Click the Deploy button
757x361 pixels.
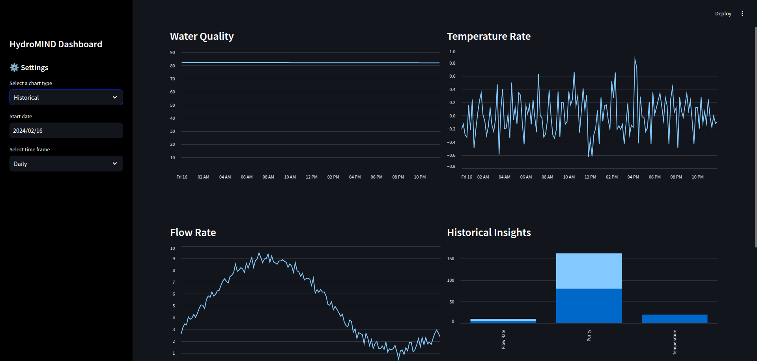click(x=723, y=14)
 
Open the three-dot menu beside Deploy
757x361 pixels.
click(x=742, y=14)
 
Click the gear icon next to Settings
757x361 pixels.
click(x=14, y=67)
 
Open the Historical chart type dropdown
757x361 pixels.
click(x=66, y=97)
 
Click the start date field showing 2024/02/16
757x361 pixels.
click(x=66, y=130)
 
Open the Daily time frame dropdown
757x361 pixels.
click(x=66, y=164)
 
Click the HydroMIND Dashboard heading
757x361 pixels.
click(x=56, y=44)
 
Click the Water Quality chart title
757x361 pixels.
click(x=202, y=36)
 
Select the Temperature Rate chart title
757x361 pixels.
click(x=488, y=36)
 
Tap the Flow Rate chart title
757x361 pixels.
click(x=193, y=233)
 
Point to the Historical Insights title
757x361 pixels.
click(x=489, y=233)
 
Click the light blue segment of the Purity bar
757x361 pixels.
click(x=589, y=271)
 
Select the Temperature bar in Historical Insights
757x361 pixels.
click(x=674, y=319)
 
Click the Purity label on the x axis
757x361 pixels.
click(x=589, y=335)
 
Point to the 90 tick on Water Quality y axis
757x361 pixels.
click(x=172, y=52)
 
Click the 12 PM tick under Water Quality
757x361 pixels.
click(x=311, y=177)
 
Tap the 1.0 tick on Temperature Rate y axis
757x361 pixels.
click(x=452, y=52)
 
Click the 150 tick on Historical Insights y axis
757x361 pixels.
click(x=450, y=259)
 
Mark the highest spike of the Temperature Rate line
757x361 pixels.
click(x=635, y=58)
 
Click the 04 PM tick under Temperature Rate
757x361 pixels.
click(x=633, y=177)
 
